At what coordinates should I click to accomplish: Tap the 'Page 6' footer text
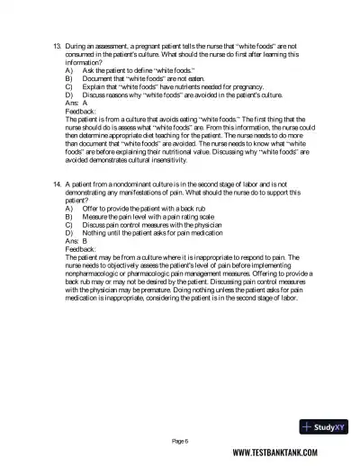pyautogui.click(x=181, y=441)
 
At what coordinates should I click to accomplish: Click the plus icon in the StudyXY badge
pyautogui.click(x=309, y=426)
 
